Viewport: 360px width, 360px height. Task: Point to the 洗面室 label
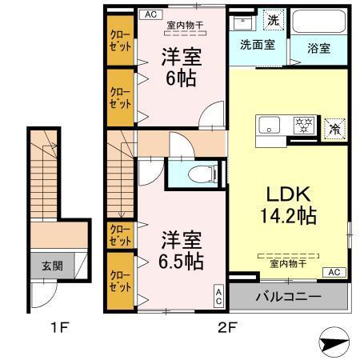[258, 46]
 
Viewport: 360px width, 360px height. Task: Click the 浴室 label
[318, 46]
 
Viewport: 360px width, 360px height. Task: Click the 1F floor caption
[49, 328]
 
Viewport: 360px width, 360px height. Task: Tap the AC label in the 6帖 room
[148, 14]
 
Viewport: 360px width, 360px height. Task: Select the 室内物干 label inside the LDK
[286, 262]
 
